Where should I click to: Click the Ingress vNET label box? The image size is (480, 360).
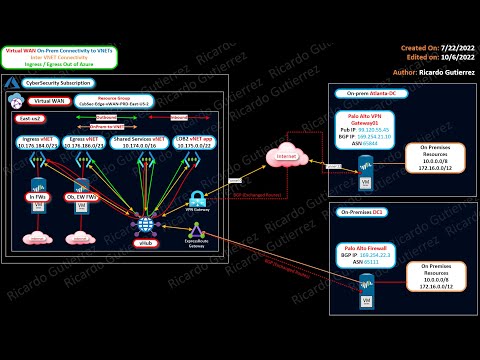click(x=41, y=143)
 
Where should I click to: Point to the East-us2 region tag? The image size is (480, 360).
click(x=36, y=117)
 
